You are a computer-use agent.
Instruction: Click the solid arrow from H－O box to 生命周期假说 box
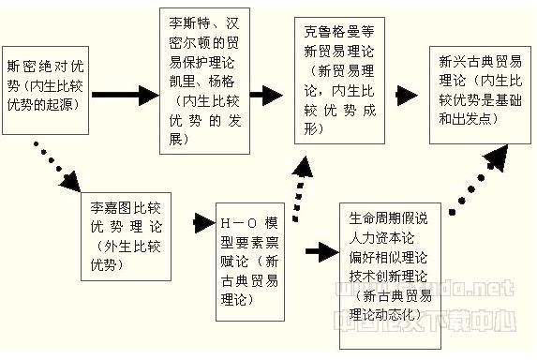[x=321, y=251]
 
